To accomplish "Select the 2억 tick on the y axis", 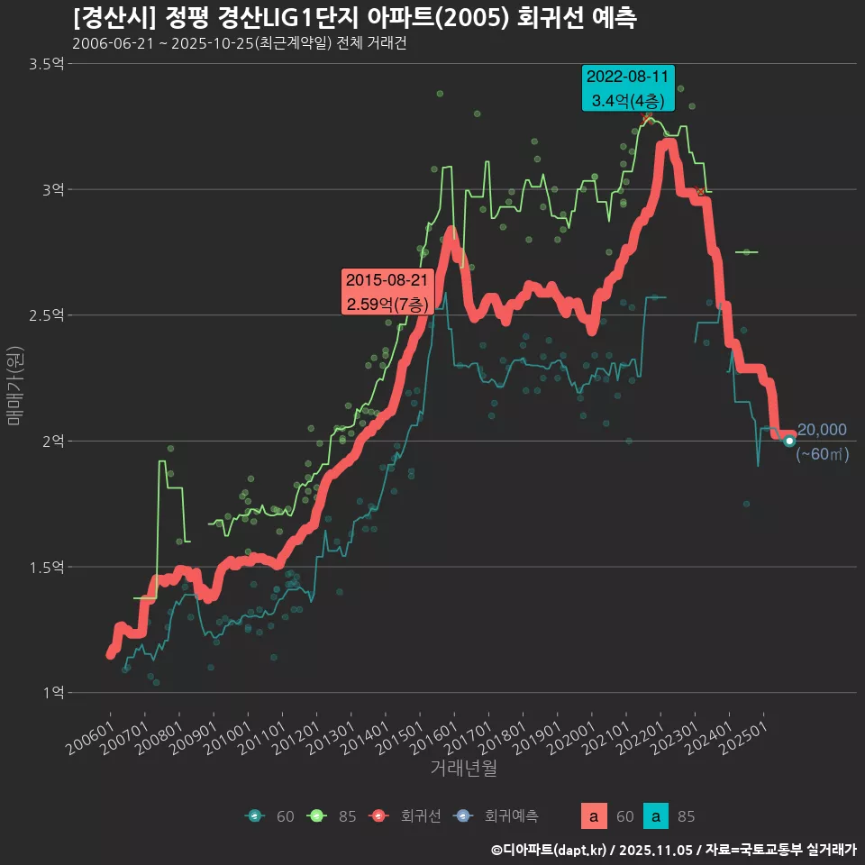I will [x=51, y=442].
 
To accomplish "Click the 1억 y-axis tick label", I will [x=51, y=693].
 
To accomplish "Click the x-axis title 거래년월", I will [x=463, y=768].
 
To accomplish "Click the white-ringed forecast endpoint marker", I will [x=789, y=441].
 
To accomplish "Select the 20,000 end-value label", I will [x=822, y=430].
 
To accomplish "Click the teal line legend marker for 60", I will [x=255, y=816].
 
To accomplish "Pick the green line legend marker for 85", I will [x=316, y=816].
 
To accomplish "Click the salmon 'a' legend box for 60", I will [x=593, y=817].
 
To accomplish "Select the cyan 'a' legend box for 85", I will [x=659, y=817].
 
